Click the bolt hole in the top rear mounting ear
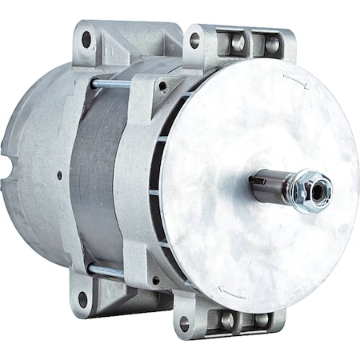[x=86, y=38]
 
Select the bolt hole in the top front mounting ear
[x=194, y=39]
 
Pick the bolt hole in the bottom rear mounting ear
[x=82, y=299]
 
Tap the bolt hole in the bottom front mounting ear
[x=185, y=324]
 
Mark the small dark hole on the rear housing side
[x=58, y=175]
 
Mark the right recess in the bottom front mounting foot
[x=260, y=319]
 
